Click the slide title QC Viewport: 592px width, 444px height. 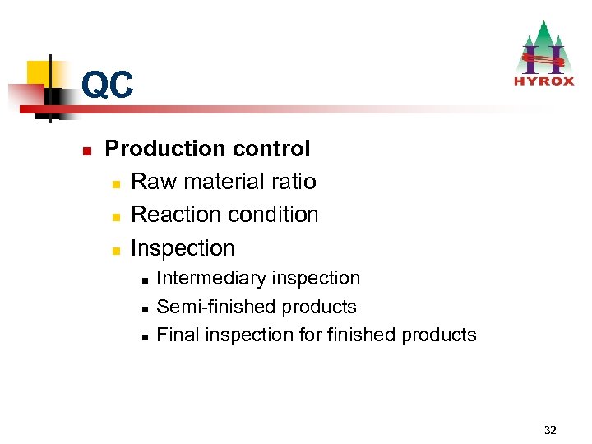click(107, 86)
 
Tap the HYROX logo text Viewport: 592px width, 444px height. click(543, 81)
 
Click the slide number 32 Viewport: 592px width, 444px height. click(550, 430)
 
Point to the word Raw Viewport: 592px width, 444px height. click(151, 182)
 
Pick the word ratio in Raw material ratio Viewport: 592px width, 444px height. click(293, 182)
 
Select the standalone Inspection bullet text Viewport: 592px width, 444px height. click(183, 247)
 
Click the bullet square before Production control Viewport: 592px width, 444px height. click(86, 150)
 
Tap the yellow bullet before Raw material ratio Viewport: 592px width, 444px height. click(115, 183)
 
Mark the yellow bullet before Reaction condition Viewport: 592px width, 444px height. click(115, 216)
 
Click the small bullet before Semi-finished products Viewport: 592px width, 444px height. click(144, 308)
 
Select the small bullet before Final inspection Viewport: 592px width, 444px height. click(144, 336)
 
